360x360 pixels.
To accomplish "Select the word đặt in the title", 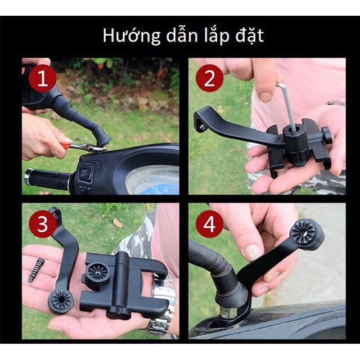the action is tap(250, 36).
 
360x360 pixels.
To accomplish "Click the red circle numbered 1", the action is tap(43, 78).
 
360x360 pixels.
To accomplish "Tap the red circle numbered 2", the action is tap(209, 78).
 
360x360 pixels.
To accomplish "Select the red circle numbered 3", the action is tap(43, 223).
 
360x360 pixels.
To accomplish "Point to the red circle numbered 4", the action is tap(209, 223).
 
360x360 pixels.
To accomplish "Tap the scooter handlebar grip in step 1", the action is tap(48, 177).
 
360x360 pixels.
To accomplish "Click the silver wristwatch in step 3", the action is tap(161, 308).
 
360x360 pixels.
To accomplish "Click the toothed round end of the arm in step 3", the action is tap(61, 300).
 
